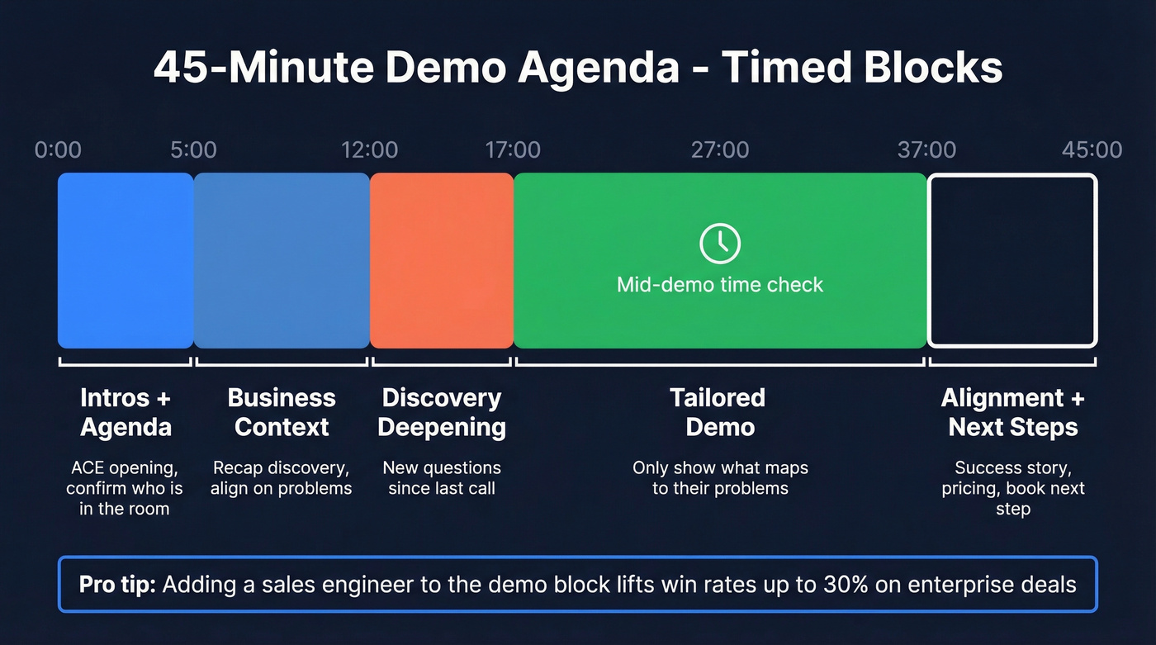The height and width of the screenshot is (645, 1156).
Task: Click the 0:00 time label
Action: coord(58,150)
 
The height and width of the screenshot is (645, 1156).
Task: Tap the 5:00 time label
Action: coord(193,150)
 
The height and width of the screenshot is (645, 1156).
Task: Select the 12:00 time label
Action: coord(369,150)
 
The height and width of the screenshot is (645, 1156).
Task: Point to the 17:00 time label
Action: coord(513,150)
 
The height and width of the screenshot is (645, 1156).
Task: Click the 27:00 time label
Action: coord(720,150)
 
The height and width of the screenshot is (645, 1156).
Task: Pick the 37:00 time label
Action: coord(926,150)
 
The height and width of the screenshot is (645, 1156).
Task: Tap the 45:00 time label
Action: coord(1092,150)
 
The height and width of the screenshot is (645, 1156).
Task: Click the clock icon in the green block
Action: coord(720,243)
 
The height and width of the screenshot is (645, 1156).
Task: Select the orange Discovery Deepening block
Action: coord(442,260)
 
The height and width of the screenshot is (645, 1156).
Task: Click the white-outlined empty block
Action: coord(1012,260)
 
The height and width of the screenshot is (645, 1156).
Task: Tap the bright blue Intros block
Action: coord(126,260)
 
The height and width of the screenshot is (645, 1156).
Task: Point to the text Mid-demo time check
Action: coord(720,285)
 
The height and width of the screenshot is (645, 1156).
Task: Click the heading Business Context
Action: coord(282,412)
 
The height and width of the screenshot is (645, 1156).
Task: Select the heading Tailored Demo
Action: coord(718,412)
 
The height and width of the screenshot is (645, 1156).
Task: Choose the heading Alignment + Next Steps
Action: coord(1012,412)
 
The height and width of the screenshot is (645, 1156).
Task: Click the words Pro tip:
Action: coord(117,586)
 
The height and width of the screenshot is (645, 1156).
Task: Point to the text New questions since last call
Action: coord(442,478)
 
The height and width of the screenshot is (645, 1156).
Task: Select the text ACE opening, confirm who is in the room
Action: coord(125,488)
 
